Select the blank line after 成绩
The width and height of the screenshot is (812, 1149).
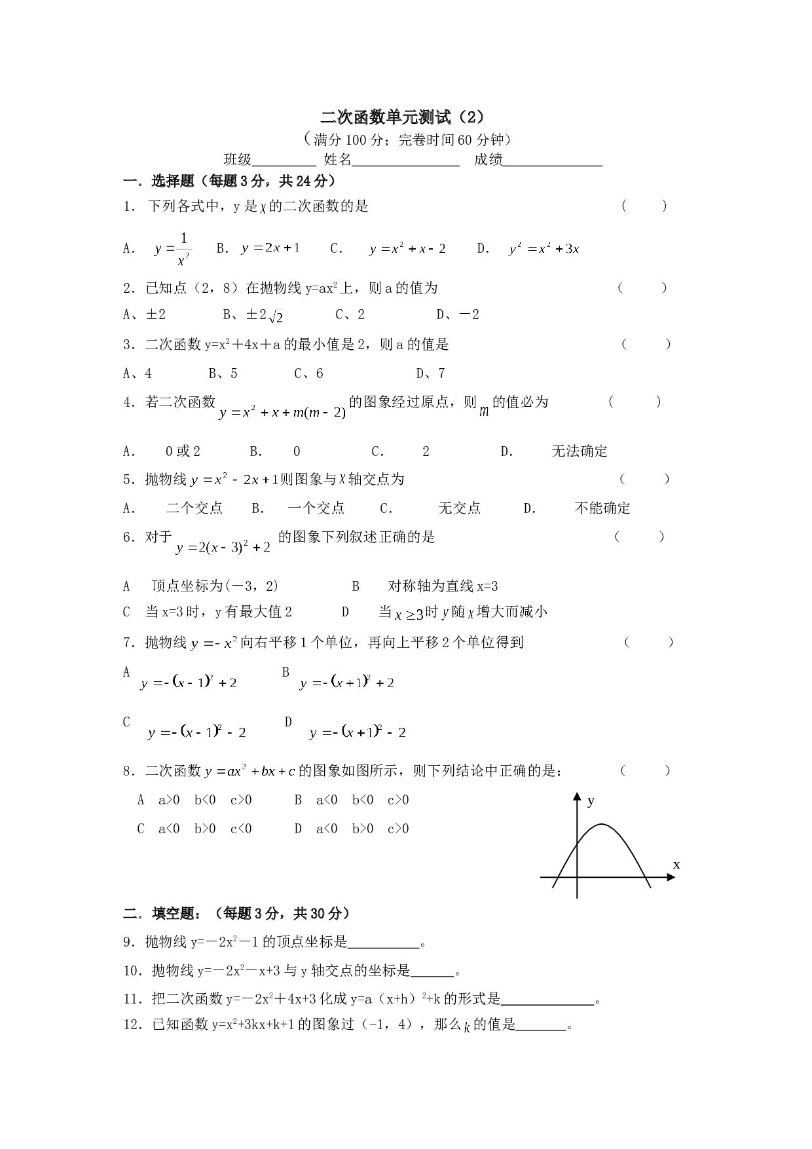[x=553, y=166]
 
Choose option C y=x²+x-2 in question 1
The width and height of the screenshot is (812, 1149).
[x=407, y=249]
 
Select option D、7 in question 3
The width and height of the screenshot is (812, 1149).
[x=431, y=373]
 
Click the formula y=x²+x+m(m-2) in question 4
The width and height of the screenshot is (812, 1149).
[x=282, y=412]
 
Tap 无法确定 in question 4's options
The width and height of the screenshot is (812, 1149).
[x=580, y=451]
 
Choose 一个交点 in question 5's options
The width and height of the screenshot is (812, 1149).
[x=316, y=508]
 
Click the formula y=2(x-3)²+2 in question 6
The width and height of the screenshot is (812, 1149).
[x=223, y=547]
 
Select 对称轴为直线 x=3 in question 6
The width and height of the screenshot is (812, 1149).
[x=443, y=586]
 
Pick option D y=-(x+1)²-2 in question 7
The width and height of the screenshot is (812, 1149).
[x=358, y=732]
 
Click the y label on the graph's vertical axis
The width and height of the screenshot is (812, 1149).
[x=591, y=801]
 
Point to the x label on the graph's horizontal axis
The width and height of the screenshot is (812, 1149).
[x=676, y=865]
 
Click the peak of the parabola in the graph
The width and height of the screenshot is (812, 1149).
[x=602, y=824]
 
